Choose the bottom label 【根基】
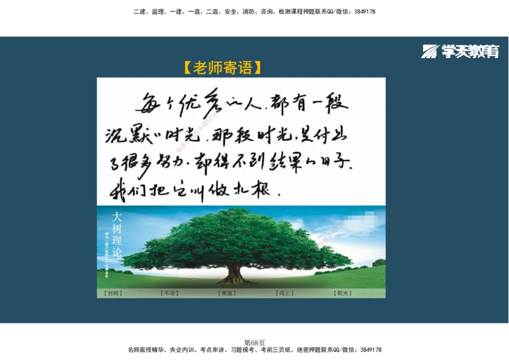[227, 293]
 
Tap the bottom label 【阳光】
[342, 293]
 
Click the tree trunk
[235, 273]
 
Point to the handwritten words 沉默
[127, 136]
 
